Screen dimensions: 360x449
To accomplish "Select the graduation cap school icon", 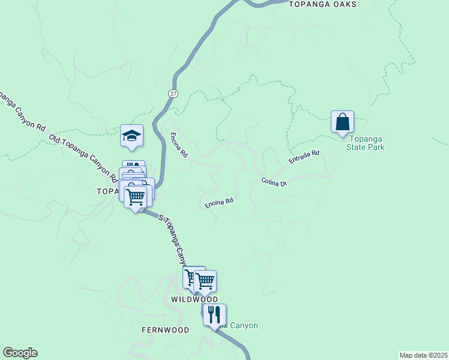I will click(x=131, y=136).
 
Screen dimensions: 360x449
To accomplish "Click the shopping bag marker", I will click(x=342, y=122).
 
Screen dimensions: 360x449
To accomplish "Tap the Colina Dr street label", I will click(x=274, y=181).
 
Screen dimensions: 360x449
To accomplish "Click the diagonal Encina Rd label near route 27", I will click(x=179, y=145).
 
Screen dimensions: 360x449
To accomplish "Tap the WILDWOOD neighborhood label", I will click(x=194, y=299).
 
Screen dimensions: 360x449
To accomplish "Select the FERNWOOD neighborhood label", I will click(x=165, y=330).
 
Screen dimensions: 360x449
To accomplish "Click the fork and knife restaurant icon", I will click(x=214, y=314).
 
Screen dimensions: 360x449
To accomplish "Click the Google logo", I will click(x=20, y=353).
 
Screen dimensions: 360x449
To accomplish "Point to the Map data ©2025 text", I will click(x=423, y=355).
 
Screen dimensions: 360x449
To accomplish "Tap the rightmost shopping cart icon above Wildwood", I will click(x=205, y=280).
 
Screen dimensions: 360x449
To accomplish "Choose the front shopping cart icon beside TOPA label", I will click(x=136, y=196).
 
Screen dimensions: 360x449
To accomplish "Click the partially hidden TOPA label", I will click(x=107, y=191).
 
